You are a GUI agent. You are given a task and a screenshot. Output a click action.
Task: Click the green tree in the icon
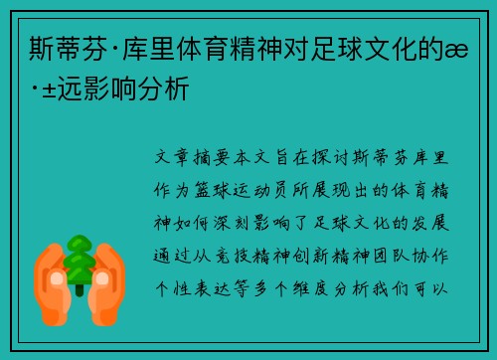click(x=80, y=261)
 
